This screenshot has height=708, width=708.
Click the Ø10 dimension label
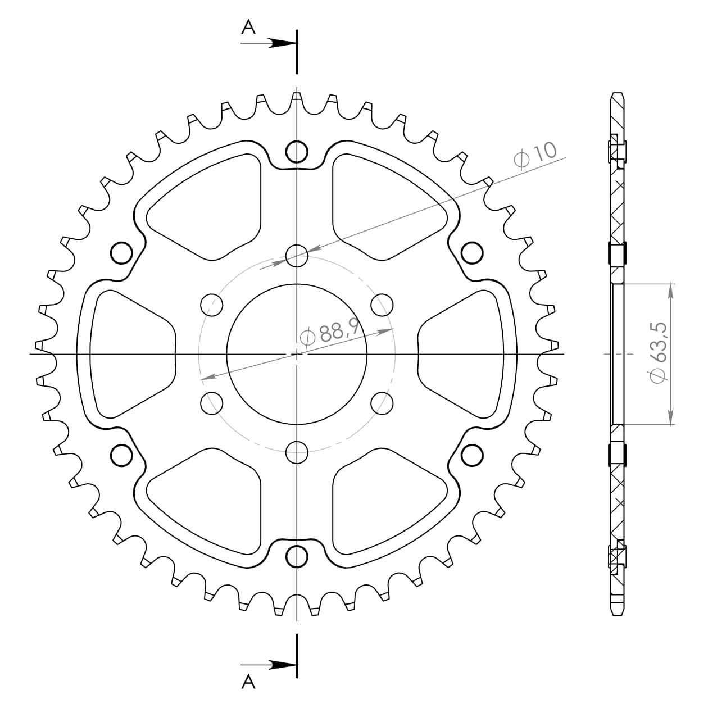coord(535,155)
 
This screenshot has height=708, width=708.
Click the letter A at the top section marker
coord(248,26)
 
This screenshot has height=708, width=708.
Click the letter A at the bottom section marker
coord(248,682)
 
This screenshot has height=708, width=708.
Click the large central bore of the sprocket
coord(297,354)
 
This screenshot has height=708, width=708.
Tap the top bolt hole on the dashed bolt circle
coord(297,256)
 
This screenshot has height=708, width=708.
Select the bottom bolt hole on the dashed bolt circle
coord(297,451)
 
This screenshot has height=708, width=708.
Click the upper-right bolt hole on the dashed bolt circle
coord(382,305)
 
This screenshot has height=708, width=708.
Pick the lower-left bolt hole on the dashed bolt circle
coord(212,403)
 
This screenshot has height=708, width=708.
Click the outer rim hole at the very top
coord(297,151)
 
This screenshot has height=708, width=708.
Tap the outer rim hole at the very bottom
coord(297,556)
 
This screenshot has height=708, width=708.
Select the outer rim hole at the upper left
coord(121,253)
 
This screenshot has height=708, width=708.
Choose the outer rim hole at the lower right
coord(472,455)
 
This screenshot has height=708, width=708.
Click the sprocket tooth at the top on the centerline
coord(297,98)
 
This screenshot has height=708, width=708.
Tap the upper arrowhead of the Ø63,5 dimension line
coord(670,289)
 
